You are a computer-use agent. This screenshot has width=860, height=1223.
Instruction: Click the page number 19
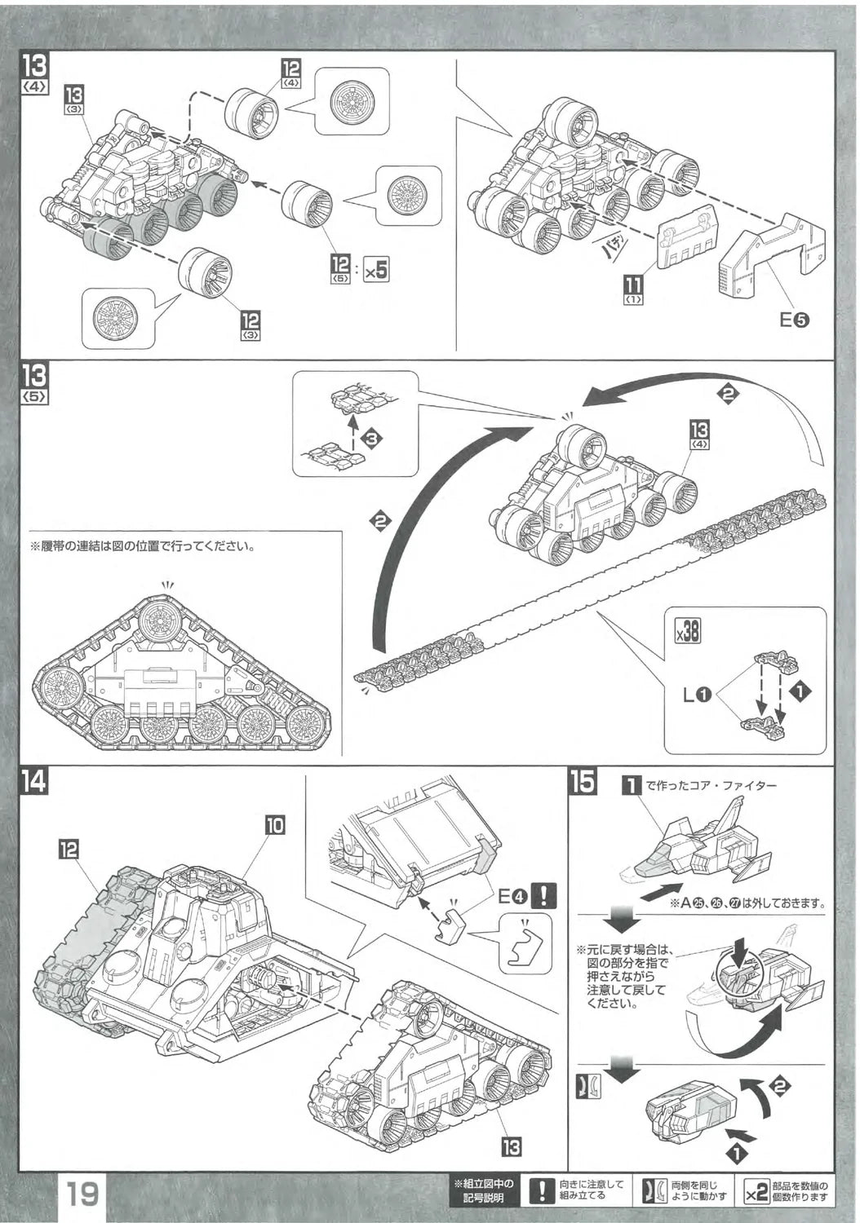click(x=82, y=1196)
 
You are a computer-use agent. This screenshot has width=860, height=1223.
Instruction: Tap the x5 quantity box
click(x=375, y=268)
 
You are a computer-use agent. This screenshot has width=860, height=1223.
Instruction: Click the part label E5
click(x=794, y=320)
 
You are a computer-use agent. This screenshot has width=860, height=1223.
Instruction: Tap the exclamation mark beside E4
click(x=543, y=896)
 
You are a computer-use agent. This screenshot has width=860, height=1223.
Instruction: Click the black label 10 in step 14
click(x=275, y=824)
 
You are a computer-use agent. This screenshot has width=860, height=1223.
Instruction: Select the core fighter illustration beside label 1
click(x=702, y=850)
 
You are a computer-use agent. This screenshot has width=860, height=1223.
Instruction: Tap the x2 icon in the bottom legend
click(x=756, y=1194)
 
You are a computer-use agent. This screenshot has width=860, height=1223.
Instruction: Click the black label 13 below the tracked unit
click(x=511, y=1147)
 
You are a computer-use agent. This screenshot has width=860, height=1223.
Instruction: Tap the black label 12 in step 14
click(x=69, y=850)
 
